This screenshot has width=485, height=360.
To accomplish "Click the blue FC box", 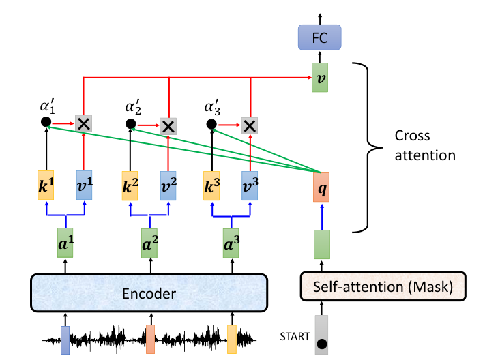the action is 319,37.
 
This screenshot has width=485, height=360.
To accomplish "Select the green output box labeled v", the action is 320,78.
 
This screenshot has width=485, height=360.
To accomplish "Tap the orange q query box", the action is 321,187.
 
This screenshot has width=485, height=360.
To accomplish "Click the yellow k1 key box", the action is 46,185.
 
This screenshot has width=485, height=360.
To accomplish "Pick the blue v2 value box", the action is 168,186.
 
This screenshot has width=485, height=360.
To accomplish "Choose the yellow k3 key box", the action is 211,186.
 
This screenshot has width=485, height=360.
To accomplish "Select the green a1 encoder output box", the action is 65,243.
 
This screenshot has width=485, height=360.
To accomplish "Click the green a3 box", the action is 231,243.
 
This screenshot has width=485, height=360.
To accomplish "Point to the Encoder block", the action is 149,292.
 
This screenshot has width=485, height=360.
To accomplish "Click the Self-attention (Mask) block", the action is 383,286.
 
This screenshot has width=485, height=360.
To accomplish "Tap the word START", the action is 295,337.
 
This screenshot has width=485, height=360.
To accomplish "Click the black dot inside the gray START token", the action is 322,344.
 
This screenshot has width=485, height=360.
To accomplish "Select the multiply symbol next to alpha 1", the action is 83,124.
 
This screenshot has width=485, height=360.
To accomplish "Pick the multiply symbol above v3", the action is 250,126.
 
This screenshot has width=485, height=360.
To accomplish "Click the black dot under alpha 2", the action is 130,124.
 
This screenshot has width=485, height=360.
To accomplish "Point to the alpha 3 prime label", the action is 212,107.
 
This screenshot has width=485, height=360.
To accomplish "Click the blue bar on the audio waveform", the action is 65,340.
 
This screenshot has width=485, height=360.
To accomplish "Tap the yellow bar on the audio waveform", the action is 232,340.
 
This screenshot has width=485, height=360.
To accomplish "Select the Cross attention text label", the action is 425,145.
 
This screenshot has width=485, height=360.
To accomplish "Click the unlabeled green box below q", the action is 322,244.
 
